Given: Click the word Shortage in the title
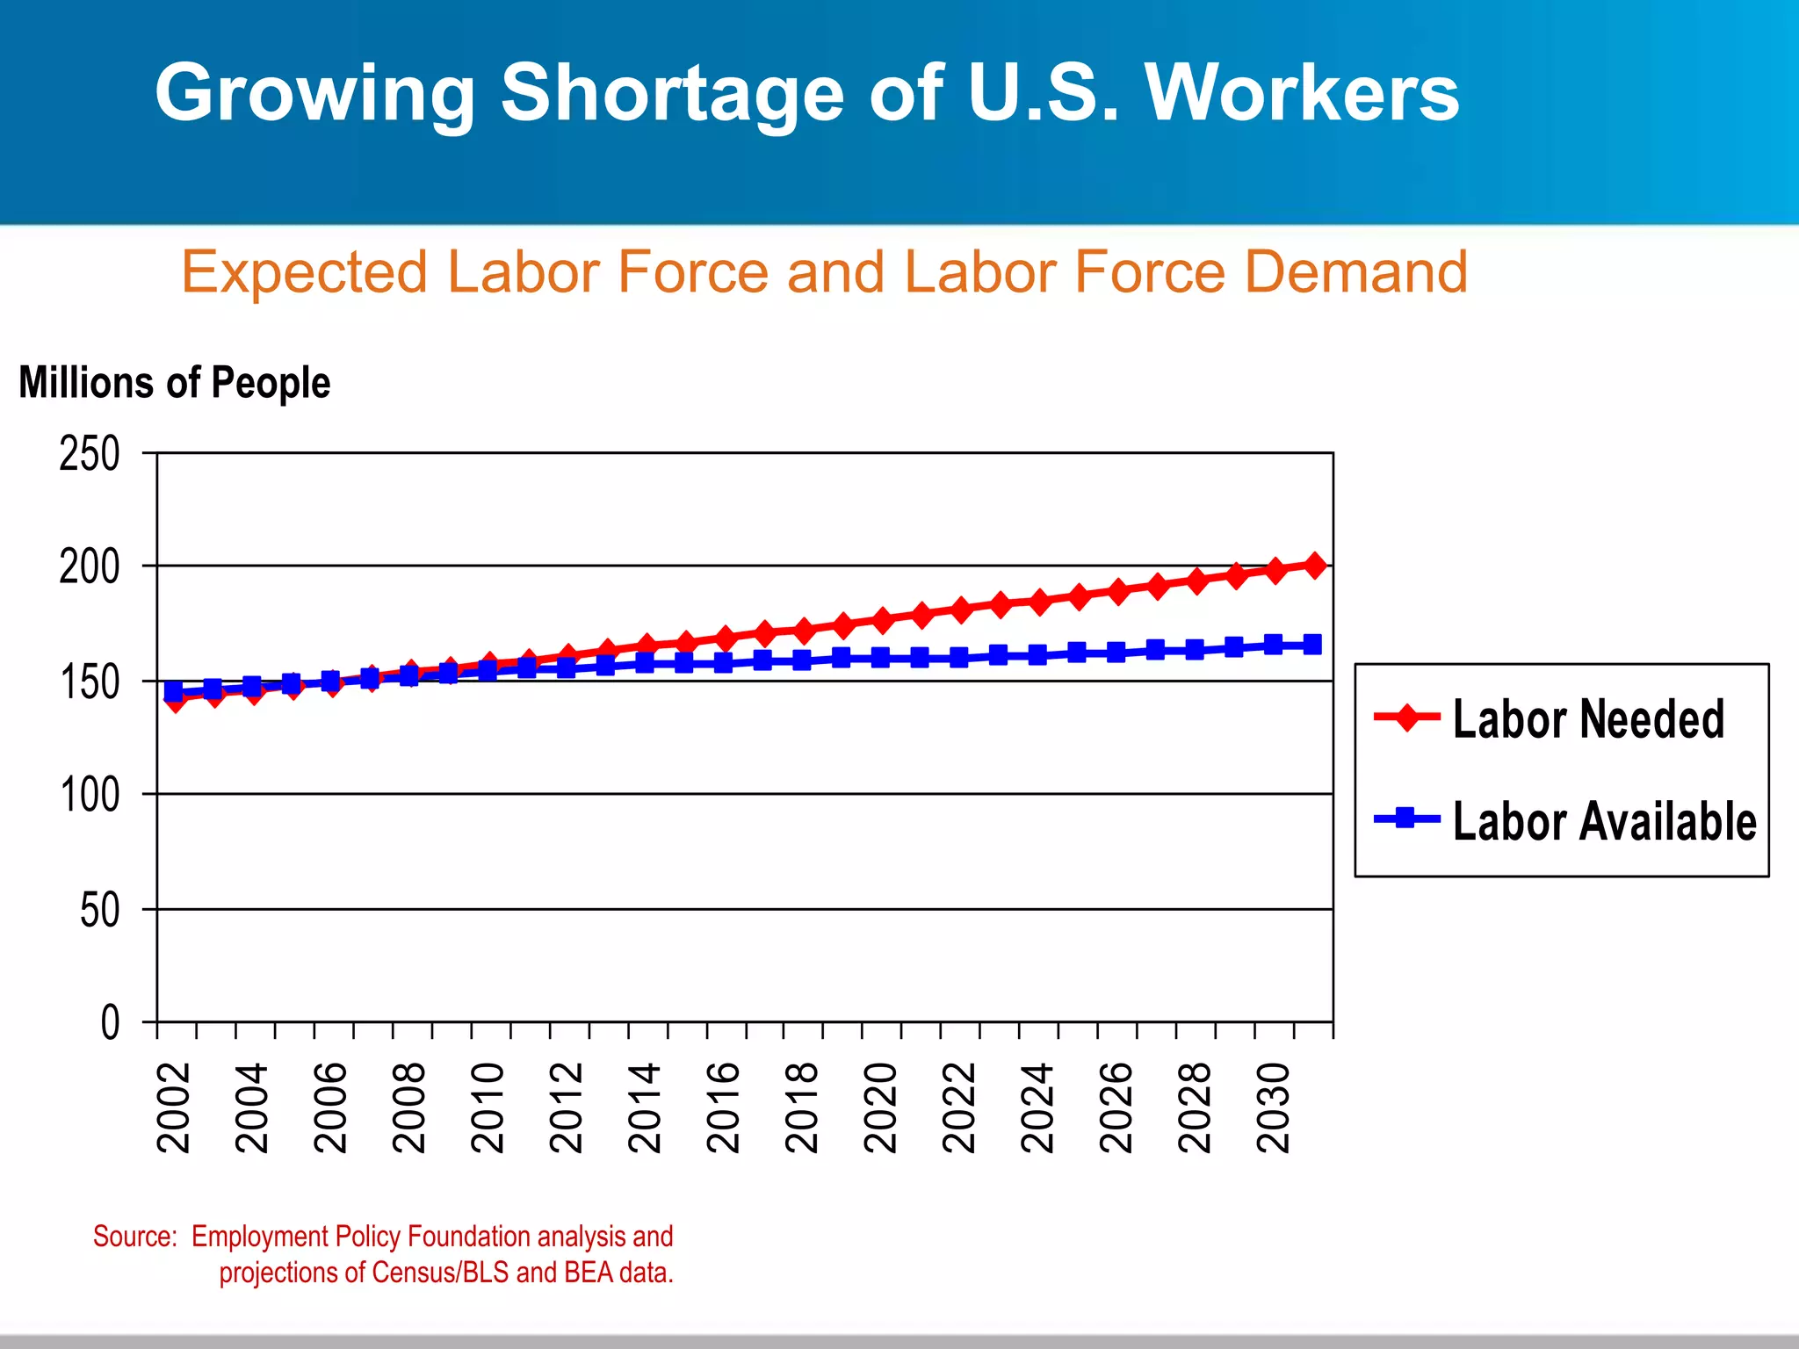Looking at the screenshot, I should (x=672, y=95).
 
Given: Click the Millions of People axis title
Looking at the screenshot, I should (x=175, y=383).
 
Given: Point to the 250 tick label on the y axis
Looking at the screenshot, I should (x=90, y=455).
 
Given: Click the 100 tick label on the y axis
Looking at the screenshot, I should (x=90, y=796).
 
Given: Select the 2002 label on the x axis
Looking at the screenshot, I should (x=174, y=1107).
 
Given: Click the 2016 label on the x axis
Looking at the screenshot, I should (x=724, y=1107).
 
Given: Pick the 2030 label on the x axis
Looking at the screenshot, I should (x=1274, y=1107).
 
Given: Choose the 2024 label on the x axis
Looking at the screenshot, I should (x=1038, y=1107).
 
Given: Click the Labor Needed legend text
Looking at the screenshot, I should (x=1588, y=719).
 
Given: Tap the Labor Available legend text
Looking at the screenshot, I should (x=1604, y=822).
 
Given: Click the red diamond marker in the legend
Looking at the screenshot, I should (x=1406, y=717).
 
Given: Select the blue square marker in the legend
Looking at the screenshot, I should (x=1406, y=819).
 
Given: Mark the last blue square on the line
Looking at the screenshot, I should (x=1312, y=645).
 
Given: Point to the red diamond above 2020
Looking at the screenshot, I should (x=882, y=620).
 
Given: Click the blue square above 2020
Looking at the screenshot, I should (x=880, y=657).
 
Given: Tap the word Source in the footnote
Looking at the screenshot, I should (x=134, y=1237).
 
